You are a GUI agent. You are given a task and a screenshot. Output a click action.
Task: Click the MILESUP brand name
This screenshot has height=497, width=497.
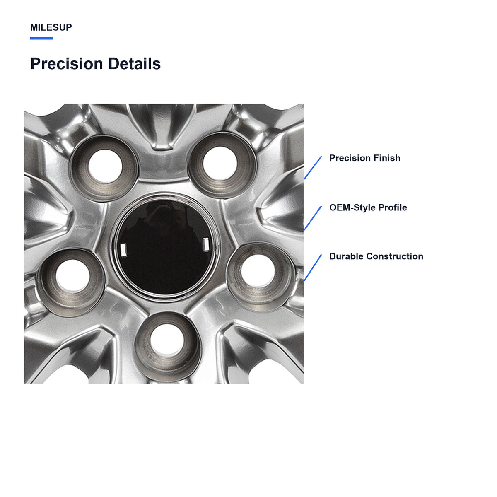[51, 27]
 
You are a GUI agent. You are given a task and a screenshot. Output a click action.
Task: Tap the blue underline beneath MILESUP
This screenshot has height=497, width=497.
[41, 38]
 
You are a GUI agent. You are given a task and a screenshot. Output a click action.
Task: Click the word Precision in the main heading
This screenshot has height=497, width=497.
[67, 64]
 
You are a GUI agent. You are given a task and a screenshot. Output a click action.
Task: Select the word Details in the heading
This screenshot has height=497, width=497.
[134, 64]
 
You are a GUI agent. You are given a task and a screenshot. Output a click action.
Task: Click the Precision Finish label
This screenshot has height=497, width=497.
[365, 158]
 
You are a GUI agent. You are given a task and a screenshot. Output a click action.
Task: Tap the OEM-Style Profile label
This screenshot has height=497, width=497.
[368, 207]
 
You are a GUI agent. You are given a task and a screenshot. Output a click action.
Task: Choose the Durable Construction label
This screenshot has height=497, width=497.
[376, 256]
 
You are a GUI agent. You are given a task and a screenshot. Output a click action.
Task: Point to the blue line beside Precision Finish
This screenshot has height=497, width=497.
[313, 167]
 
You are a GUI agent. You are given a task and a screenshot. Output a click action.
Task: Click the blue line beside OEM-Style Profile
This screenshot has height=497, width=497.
[313, 218]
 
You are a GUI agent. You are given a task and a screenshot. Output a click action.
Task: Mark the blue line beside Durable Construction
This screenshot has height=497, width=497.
[313, 268]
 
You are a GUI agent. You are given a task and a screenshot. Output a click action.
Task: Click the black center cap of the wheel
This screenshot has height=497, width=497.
[165, 246]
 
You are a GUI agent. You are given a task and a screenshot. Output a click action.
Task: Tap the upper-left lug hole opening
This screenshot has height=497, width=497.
[105, 166]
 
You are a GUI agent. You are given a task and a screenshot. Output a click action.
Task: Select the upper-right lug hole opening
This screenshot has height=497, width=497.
[220, 163]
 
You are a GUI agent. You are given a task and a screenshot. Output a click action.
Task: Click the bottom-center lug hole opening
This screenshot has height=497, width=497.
[167, 339]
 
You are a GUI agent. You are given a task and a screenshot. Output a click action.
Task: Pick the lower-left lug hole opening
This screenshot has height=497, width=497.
[73, 276]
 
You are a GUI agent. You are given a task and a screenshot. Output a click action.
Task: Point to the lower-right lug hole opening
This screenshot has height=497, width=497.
[258, 270]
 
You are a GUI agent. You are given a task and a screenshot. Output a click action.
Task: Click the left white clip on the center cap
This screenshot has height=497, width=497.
[123, 250]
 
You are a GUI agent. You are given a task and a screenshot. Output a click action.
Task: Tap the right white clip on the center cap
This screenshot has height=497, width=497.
[206, 245]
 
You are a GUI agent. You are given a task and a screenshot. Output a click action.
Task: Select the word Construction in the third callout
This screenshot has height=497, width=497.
[395, 256]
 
